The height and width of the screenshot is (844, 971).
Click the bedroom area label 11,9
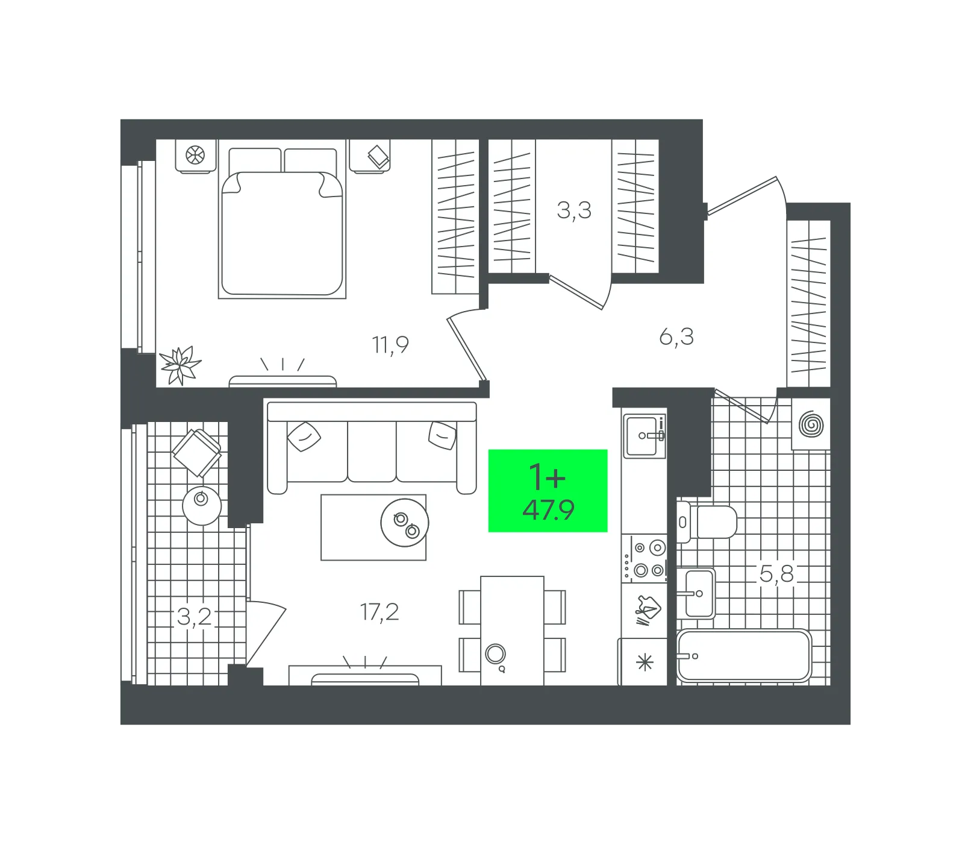(x=390, y=345)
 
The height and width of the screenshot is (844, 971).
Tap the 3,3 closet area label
(x=574, y=210)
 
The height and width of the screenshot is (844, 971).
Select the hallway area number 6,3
(x=676, y=336)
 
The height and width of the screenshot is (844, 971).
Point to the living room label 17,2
(x=379, y=612)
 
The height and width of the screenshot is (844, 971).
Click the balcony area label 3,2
(x=195, y=616)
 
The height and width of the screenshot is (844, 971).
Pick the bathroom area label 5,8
(x=776, y=574)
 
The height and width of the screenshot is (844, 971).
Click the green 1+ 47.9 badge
(x=548, y=491)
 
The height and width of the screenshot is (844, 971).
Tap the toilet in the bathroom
(x=707, y=522)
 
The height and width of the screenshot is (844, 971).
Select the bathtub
(x=744, y=656)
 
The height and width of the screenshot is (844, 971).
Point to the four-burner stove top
(x=645, y=558)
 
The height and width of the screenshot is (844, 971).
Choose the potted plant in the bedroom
(x=180, y=365)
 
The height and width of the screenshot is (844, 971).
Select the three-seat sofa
(x=372, y=448)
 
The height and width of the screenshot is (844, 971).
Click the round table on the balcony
(x=202, y=505)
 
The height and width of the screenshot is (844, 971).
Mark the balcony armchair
(x=196, y=452)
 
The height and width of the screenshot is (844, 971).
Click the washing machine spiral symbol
(x=811, y=424)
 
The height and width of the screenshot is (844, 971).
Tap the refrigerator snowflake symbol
(x=645, y=663)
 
